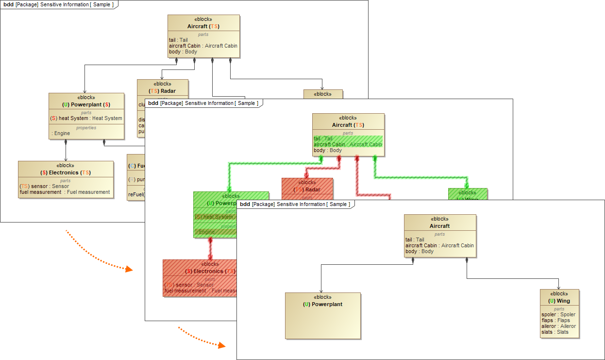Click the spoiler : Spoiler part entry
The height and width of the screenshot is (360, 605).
pyautogui.click(x=558, y=314)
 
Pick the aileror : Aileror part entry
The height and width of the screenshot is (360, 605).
pyautogui.click(x=558, y=326)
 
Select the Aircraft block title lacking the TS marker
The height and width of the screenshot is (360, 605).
pyautogui.click(x=440, y=226)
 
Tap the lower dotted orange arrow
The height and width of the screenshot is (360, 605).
pyautogui.click(x=202, y=338)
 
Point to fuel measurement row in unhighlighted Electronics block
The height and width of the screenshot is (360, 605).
pyautogui.click(x=65, y=192)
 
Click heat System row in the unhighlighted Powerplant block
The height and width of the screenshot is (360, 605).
pyautogui.click(x=86, y=118)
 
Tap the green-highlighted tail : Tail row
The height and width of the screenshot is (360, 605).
pyautogui.click(x=323, y=138)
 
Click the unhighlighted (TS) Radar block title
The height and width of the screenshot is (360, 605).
pyautogui.click(x=162, y=91)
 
